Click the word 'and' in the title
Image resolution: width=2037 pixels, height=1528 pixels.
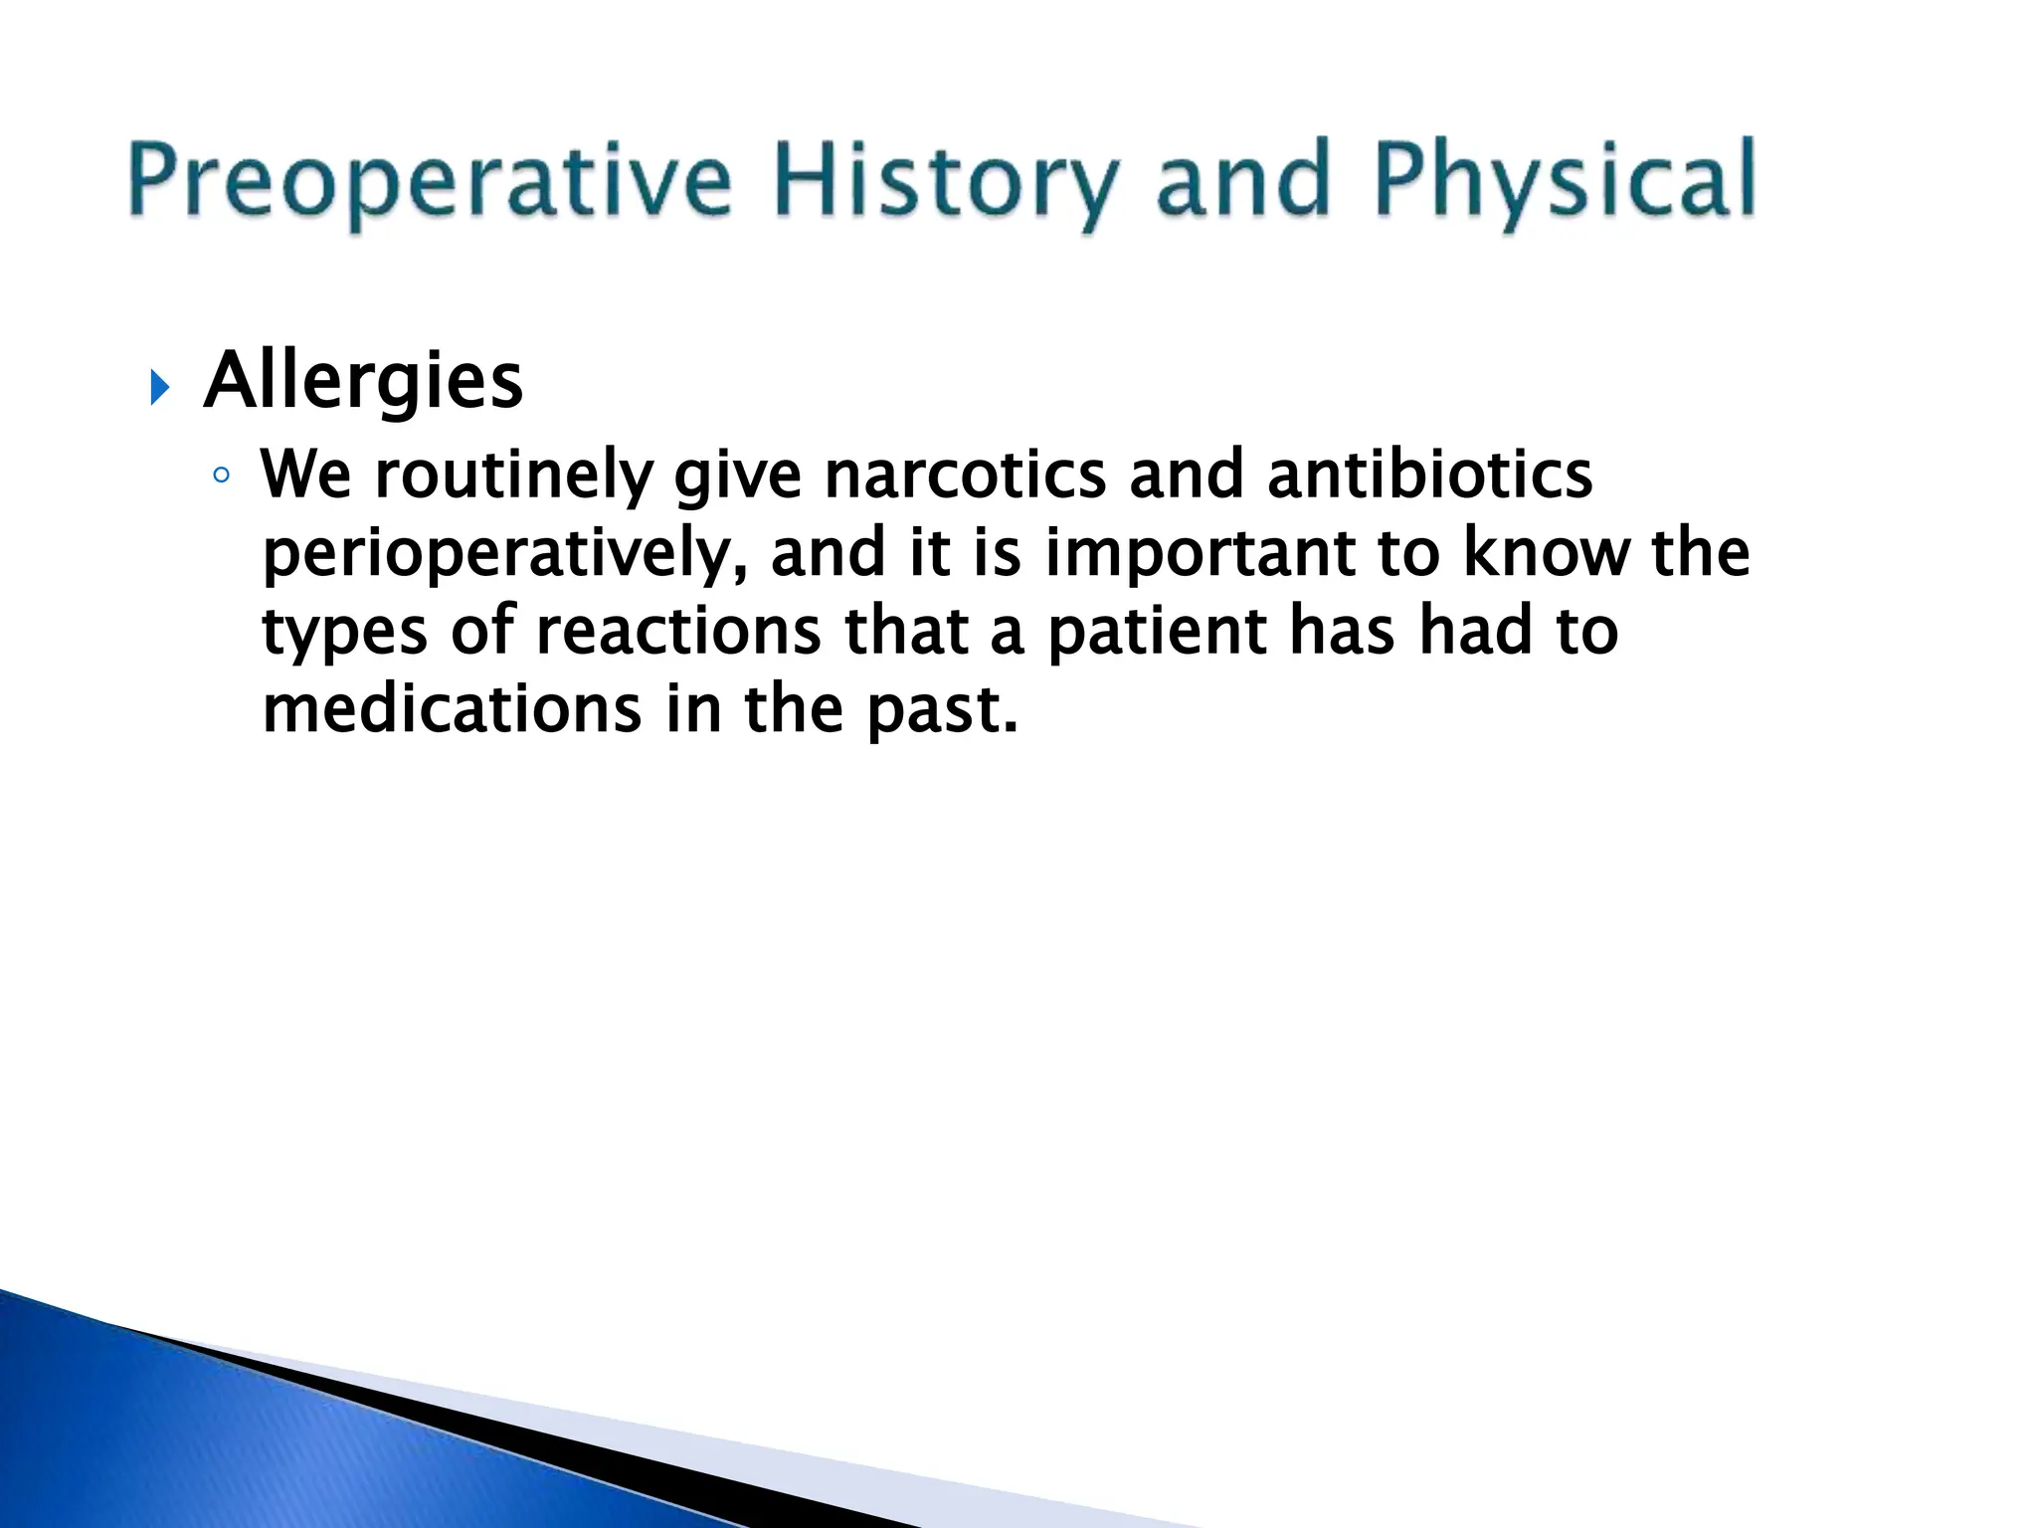(1243, 180)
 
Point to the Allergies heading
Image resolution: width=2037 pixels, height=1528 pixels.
(363, 382)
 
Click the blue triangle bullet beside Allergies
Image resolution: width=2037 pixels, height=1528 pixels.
(160, 387)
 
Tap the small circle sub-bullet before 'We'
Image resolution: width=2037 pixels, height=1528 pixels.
(221, 476)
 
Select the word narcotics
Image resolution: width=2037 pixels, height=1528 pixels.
(965, 475)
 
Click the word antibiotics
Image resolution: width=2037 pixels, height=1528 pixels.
(1429, 475)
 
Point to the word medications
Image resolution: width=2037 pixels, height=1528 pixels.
(452, 710)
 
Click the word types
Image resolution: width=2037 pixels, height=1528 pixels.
(344, 634)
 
